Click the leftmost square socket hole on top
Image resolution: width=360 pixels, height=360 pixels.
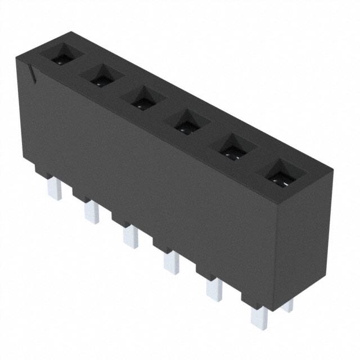62,56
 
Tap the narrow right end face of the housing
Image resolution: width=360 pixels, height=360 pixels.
304,236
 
